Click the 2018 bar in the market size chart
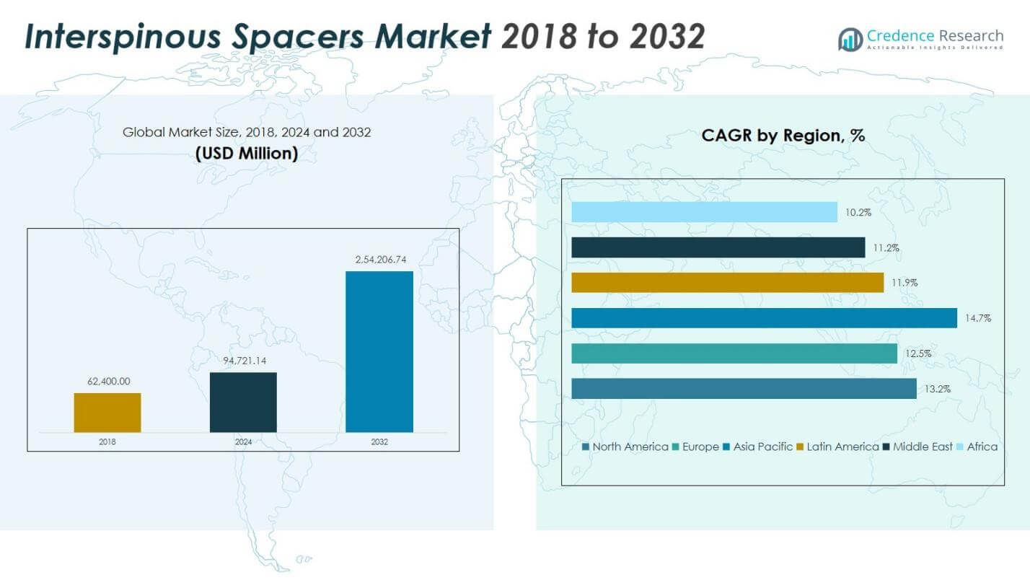click(107, 413)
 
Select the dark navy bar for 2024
click(243, 402)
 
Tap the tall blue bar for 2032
click(379, 351)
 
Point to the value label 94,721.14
click(243, 361)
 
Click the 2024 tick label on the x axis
click(243, 441)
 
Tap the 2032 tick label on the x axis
click(379, 441)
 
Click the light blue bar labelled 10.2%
click(704, 212)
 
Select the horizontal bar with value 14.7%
click(764, 318)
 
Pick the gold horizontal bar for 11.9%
click(727, 283)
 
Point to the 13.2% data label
click(938, 389)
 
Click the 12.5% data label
click(918, 353)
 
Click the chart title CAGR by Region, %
click(783, 135)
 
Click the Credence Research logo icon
click(850, 39)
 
